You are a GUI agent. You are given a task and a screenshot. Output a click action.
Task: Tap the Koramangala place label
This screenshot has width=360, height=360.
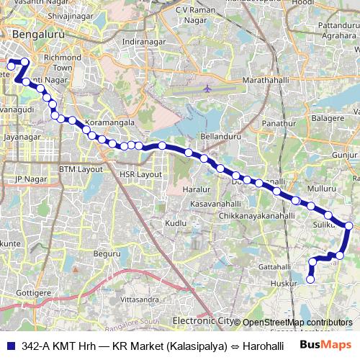(x=109, y=123)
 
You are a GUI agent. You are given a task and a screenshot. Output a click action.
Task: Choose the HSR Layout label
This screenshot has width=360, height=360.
(x=141, y=174)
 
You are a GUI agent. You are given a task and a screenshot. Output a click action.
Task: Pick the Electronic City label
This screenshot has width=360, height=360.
(x=203, y=320)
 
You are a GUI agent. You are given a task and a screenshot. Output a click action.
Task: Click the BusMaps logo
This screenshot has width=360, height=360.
(x=325, y=345)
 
